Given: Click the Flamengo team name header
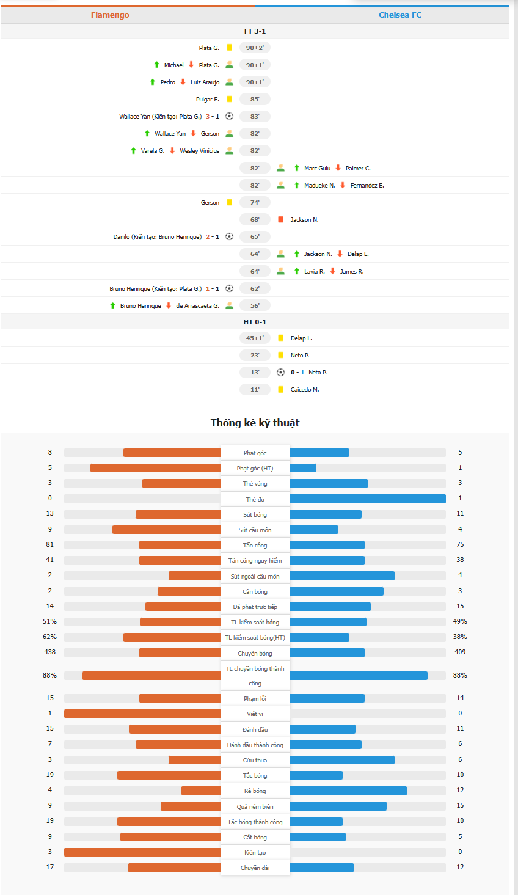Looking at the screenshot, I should [110, 15].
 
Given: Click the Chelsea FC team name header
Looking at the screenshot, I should [400, 15].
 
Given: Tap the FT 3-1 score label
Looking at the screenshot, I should [255, 31].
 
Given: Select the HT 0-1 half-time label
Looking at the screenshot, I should [255, 322].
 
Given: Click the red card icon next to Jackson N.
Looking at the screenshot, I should [280, 219].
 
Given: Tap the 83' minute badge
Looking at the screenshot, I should [255, 116].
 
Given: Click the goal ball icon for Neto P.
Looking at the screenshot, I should [280, 372].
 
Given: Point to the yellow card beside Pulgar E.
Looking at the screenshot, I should [229, 99].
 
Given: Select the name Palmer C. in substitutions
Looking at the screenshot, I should [358, 168].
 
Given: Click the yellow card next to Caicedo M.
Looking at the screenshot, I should [280, 389].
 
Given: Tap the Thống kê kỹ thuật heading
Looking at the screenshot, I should [255, 423].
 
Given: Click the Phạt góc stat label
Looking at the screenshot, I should [255, 453].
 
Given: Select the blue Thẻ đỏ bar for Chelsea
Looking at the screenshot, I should [367, 499].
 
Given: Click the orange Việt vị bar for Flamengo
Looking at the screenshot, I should [142, 714].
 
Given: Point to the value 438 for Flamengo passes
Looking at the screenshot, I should [50, 652].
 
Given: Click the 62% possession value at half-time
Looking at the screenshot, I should [50, 637].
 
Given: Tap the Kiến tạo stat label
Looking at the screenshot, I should [255, 852].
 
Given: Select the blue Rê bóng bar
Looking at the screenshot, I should [348, 791].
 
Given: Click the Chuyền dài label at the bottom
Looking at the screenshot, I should [255, 868].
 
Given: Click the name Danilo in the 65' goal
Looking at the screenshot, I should [122, 236].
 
